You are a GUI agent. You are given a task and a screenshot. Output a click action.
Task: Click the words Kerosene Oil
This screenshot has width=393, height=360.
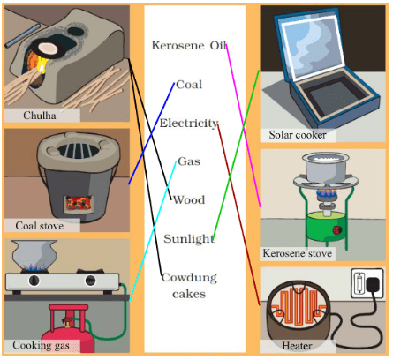(x=189, y=46)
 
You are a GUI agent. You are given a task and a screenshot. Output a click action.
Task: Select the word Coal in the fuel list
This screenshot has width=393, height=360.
(x=189, y=85)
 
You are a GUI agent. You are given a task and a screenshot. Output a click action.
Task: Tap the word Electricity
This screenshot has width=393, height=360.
(x=189, y=124)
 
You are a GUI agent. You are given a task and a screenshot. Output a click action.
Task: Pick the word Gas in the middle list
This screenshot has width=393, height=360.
(x=189, y=161)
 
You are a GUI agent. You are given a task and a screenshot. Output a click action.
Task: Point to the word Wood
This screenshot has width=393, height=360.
(x=189, y=200)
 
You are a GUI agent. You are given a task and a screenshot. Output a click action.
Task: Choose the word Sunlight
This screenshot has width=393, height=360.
(x=188, y=239)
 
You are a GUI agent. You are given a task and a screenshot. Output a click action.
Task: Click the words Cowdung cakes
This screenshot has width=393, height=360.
(x=188, y=285)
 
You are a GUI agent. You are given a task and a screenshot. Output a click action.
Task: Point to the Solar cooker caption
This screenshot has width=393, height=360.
(x=298, y=135)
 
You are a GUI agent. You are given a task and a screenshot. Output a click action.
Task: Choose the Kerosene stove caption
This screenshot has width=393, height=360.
(x=298, y=253)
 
